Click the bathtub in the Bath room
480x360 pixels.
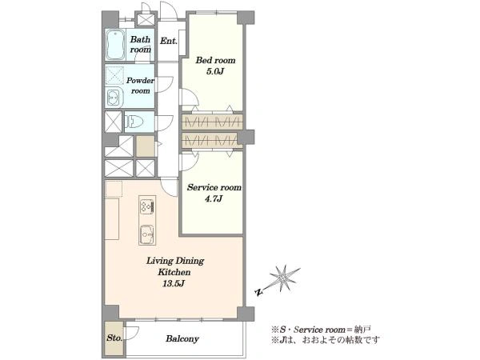click(x=115, y=45)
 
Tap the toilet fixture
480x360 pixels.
click(x=134, y=122)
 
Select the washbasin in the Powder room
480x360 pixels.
click(x=114, y=98)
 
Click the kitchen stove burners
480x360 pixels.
click(x=147, y=205)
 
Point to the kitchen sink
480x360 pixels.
click(x=147, y=234)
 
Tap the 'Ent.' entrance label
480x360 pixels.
click(x=169, y=41)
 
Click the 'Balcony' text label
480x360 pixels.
click(x=182, y=338)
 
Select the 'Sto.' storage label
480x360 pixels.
click(x=114, y=338)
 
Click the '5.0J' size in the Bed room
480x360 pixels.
click(x=215, y=72)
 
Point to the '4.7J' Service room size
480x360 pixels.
click(x=214, y=199)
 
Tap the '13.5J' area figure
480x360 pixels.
click(x=174, y=283)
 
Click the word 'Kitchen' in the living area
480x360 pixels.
click(x=174, y=272)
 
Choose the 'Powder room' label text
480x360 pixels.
click(x=140, y=86)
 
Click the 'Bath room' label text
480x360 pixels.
click(x=141, y=44)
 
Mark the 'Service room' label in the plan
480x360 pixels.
click(x=214, y=187)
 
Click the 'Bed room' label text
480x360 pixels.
click(x=215, y=60)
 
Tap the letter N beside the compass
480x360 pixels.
click(x=259, y=292)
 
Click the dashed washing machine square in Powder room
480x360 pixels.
click(x=114, y=75)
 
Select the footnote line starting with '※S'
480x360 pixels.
click(x=321, y=330)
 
